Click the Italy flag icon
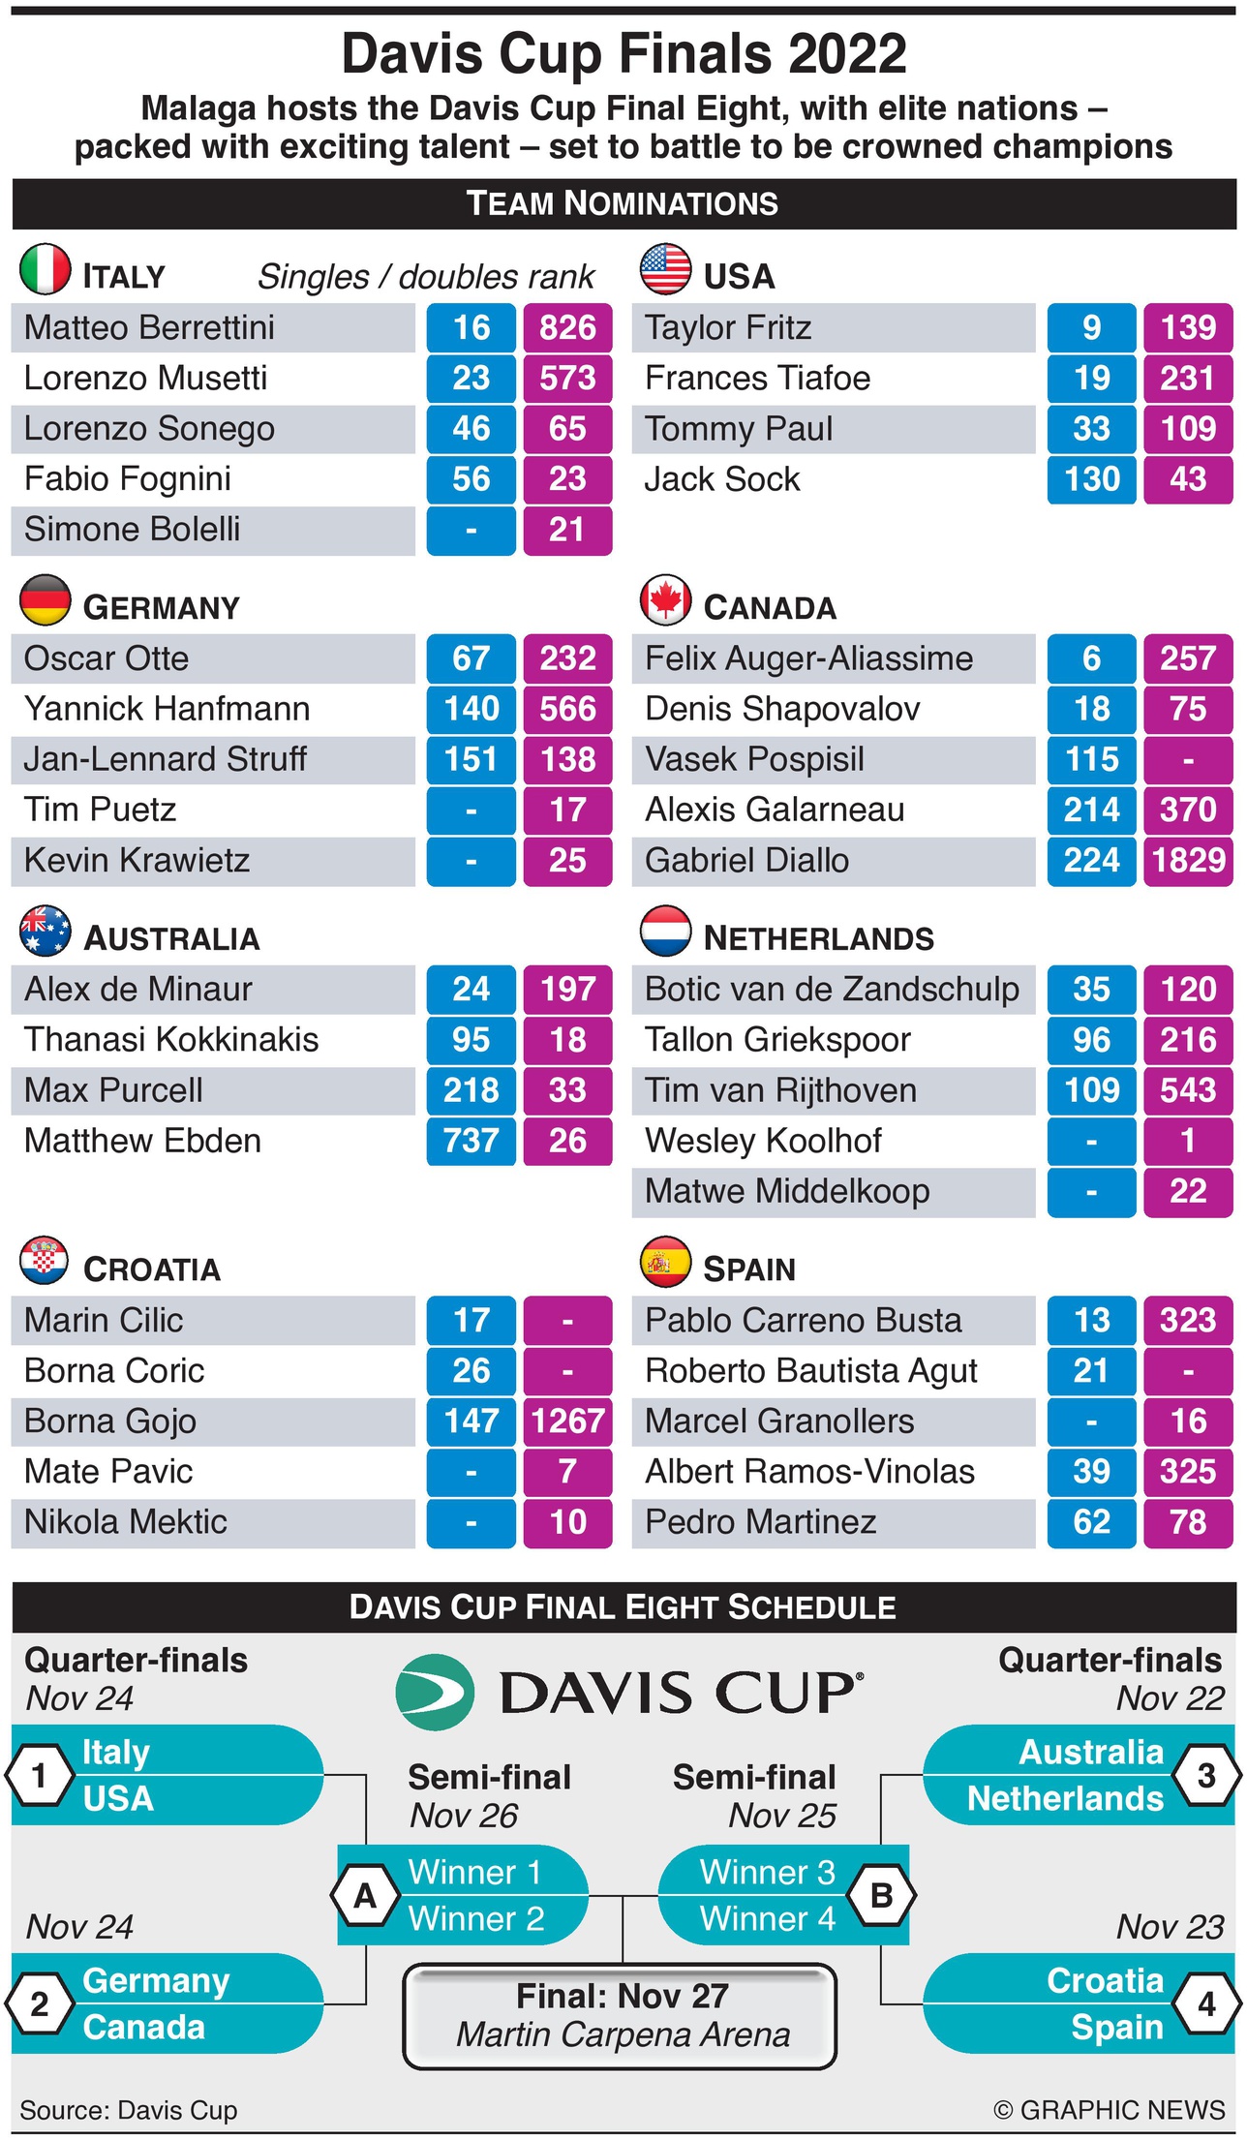point(45,269)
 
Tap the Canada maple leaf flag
point(665,600)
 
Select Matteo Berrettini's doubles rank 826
point(567,328)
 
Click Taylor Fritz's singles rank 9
point(1091,328)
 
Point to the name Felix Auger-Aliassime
point(808,658)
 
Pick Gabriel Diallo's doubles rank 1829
point(1188,860)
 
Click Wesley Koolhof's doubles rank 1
point(1188,1141)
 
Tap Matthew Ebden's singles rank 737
point(471,1141)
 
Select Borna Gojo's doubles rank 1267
point(567,1422)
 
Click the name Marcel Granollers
point(779,1422)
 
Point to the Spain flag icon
point(665,1262)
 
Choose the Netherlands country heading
point(818,938)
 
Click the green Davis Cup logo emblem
point(436,1693)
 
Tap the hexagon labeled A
point(365,1895)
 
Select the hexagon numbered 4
point(1206,2003)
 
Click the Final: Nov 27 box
point(621,2015)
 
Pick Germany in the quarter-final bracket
point(156,1980)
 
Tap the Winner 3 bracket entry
point(767,1872)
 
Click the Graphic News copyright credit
point(1109,2110)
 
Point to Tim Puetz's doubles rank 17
point(567,810)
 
